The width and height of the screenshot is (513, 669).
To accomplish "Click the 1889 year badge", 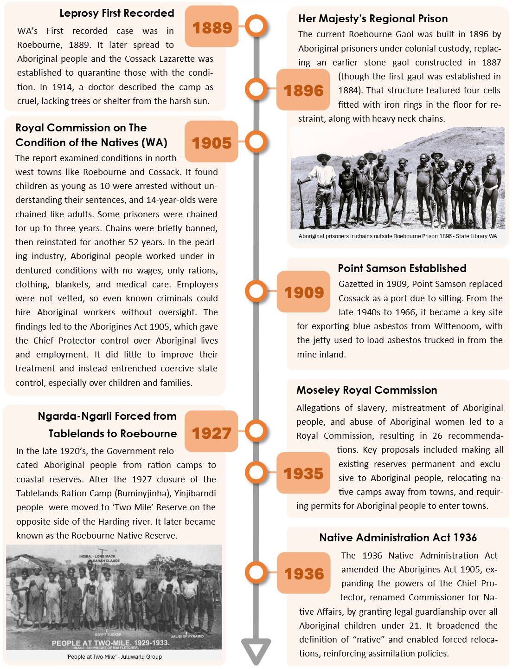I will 212,27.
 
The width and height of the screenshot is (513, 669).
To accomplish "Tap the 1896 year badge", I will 303,90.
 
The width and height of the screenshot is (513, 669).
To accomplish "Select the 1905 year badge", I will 212,143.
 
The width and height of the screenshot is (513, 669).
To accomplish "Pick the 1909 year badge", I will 303,292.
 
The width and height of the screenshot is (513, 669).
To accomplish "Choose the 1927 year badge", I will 212,433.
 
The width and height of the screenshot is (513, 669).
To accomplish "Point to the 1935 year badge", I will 303,473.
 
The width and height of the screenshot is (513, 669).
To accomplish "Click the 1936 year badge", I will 303,573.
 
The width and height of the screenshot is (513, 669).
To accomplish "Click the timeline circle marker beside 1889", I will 256,26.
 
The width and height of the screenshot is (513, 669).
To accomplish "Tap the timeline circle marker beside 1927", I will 256,430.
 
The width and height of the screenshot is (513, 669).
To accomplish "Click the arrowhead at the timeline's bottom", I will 256,650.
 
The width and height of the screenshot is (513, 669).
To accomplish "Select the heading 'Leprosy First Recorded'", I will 116,13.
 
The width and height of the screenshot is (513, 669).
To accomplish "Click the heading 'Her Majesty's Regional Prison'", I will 373,19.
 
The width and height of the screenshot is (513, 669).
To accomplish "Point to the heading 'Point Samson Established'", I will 402,268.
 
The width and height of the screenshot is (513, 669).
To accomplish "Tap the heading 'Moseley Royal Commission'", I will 366,390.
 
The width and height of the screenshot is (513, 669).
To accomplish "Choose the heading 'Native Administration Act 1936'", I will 398,538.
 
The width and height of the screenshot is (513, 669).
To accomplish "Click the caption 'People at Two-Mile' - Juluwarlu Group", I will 114,657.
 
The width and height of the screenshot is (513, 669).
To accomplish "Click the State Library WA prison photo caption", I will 398,236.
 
